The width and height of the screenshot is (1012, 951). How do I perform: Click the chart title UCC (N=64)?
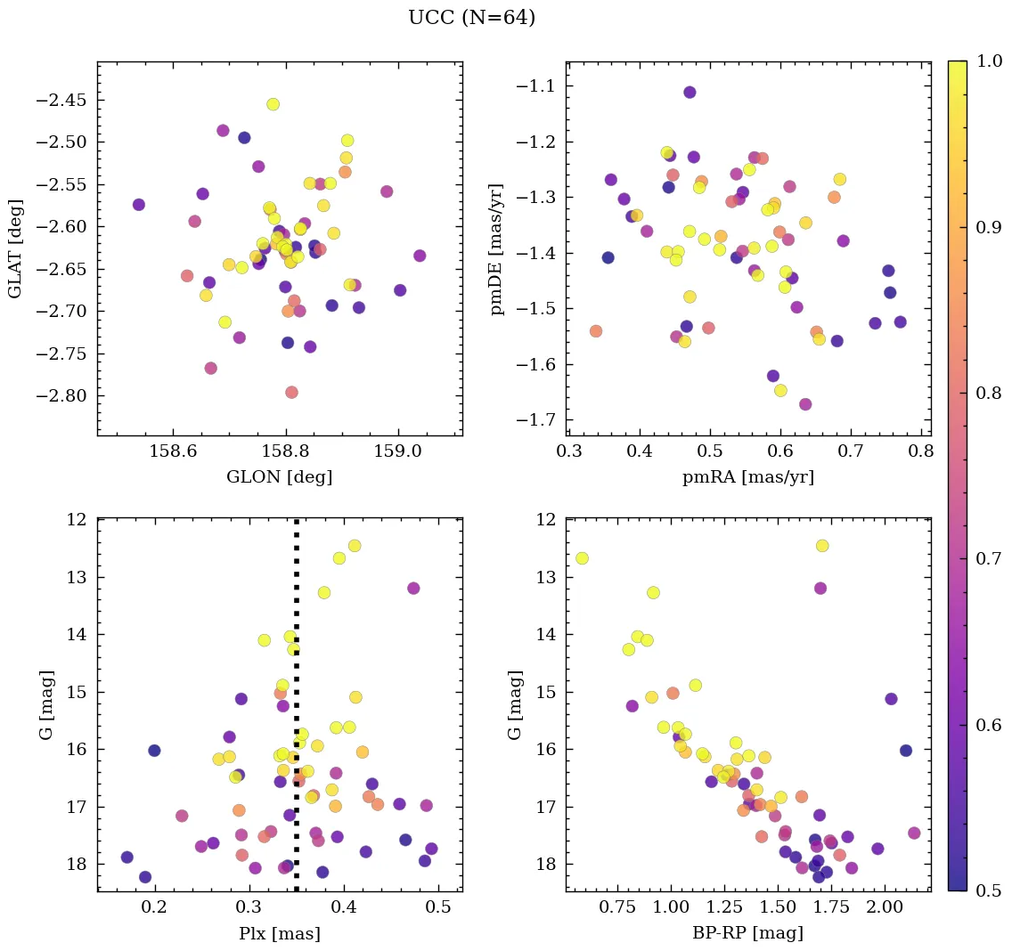[x=471, y=18]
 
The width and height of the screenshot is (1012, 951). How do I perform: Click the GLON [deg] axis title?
[x=279, y=477]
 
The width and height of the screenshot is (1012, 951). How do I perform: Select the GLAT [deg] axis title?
[x=15, y=248]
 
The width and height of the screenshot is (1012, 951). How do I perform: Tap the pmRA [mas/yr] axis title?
[x=748, y=477]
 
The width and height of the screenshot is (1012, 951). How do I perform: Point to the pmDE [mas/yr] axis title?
[x=497, y=248]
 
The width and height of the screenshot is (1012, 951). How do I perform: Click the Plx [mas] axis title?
[x=279, y=934]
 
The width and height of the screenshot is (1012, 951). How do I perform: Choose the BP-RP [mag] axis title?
[x=748, y=934]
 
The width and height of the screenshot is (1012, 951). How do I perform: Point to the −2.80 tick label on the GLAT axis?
[x=61, y=395]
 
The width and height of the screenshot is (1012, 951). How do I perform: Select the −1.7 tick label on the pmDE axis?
[x=537, y=420]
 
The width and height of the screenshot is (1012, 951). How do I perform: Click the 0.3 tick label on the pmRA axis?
[x=569, y=452]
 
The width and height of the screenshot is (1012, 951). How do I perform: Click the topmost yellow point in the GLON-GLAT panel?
[x=273, y=104]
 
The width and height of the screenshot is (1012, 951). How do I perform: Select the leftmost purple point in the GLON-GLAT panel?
[x=138, y=205]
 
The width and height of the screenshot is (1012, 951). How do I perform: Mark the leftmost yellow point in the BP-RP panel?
[x=582, y=558]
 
